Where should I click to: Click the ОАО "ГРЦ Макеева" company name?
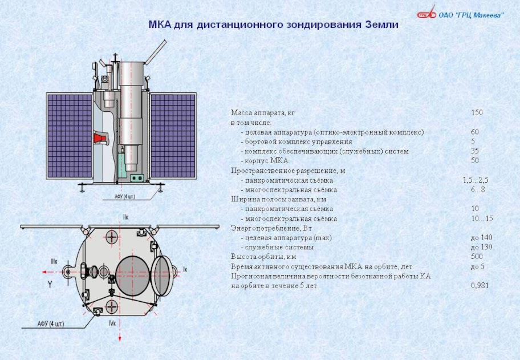[471, 15]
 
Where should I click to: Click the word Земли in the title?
[381, 25]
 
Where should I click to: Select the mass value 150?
[477, 112]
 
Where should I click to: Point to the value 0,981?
[480, 285]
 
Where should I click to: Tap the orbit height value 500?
[477, 257]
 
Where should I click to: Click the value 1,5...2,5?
[476, 180]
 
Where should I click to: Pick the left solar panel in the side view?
[70, 136]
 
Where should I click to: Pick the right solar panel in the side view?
[173, 136]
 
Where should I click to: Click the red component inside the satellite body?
[99, 137]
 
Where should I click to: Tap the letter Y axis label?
[50, 284]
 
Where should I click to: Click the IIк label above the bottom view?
[125, 217]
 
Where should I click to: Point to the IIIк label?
[54, 262]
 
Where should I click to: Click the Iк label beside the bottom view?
[185, 269]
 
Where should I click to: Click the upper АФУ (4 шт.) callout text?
[125, 196]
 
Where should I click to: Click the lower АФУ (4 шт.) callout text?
[51, 324]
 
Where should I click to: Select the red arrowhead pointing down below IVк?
[120, 338]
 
